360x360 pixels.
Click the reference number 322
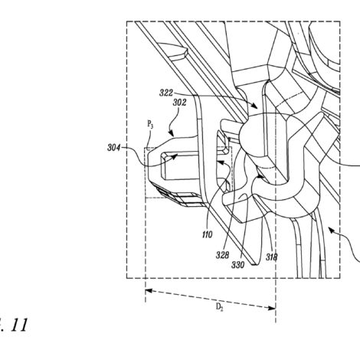coord(166,93)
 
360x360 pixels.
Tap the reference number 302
coord(180,103)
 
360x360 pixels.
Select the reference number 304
coord(113,148)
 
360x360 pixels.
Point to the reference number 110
coord(207,234)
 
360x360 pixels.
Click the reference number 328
coord(222,255)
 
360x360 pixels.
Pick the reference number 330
coord(237,265)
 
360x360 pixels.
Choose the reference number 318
coord(271,257)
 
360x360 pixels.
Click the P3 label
coord(150,125)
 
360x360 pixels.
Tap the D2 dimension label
coord(220,307)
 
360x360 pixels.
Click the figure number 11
coord(19,325)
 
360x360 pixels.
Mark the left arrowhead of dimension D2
coord(149,291)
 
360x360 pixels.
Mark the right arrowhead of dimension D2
coord(272,308)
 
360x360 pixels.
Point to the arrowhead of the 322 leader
coord(254,106)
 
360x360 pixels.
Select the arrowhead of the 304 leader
coord(175,155)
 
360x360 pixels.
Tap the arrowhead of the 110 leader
coord(220,162)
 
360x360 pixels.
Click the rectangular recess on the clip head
coord(179,165)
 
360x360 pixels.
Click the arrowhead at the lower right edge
coord(331,231)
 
